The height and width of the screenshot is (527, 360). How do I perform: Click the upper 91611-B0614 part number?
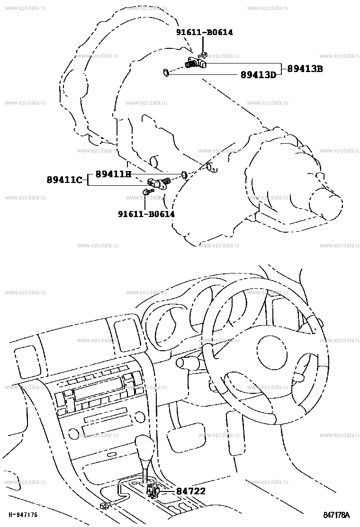point(205,32)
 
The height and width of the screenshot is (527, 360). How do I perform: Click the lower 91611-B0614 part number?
point(146,214)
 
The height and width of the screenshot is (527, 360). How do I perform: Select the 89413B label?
point(305,69)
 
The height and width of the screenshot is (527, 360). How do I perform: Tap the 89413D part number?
point(258,74)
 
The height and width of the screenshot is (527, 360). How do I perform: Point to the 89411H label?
point(114,174)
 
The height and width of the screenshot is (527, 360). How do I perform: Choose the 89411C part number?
point(64,180)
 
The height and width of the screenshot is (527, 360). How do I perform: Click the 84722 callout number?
point(191,491)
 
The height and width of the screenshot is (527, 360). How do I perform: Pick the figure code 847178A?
point(336,515)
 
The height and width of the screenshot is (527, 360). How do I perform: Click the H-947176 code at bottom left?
point(23,515)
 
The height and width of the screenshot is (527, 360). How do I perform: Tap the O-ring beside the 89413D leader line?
point(166,72)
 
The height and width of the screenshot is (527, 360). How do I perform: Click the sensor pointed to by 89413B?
point(196,63)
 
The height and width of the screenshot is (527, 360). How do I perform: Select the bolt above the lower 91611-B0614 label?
point(147,191)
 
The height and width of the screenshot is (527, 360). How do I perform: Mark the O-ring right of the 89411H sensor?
point(184,174)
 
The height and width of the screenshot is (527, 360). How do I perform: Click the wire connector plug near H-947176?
point(105,505)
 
